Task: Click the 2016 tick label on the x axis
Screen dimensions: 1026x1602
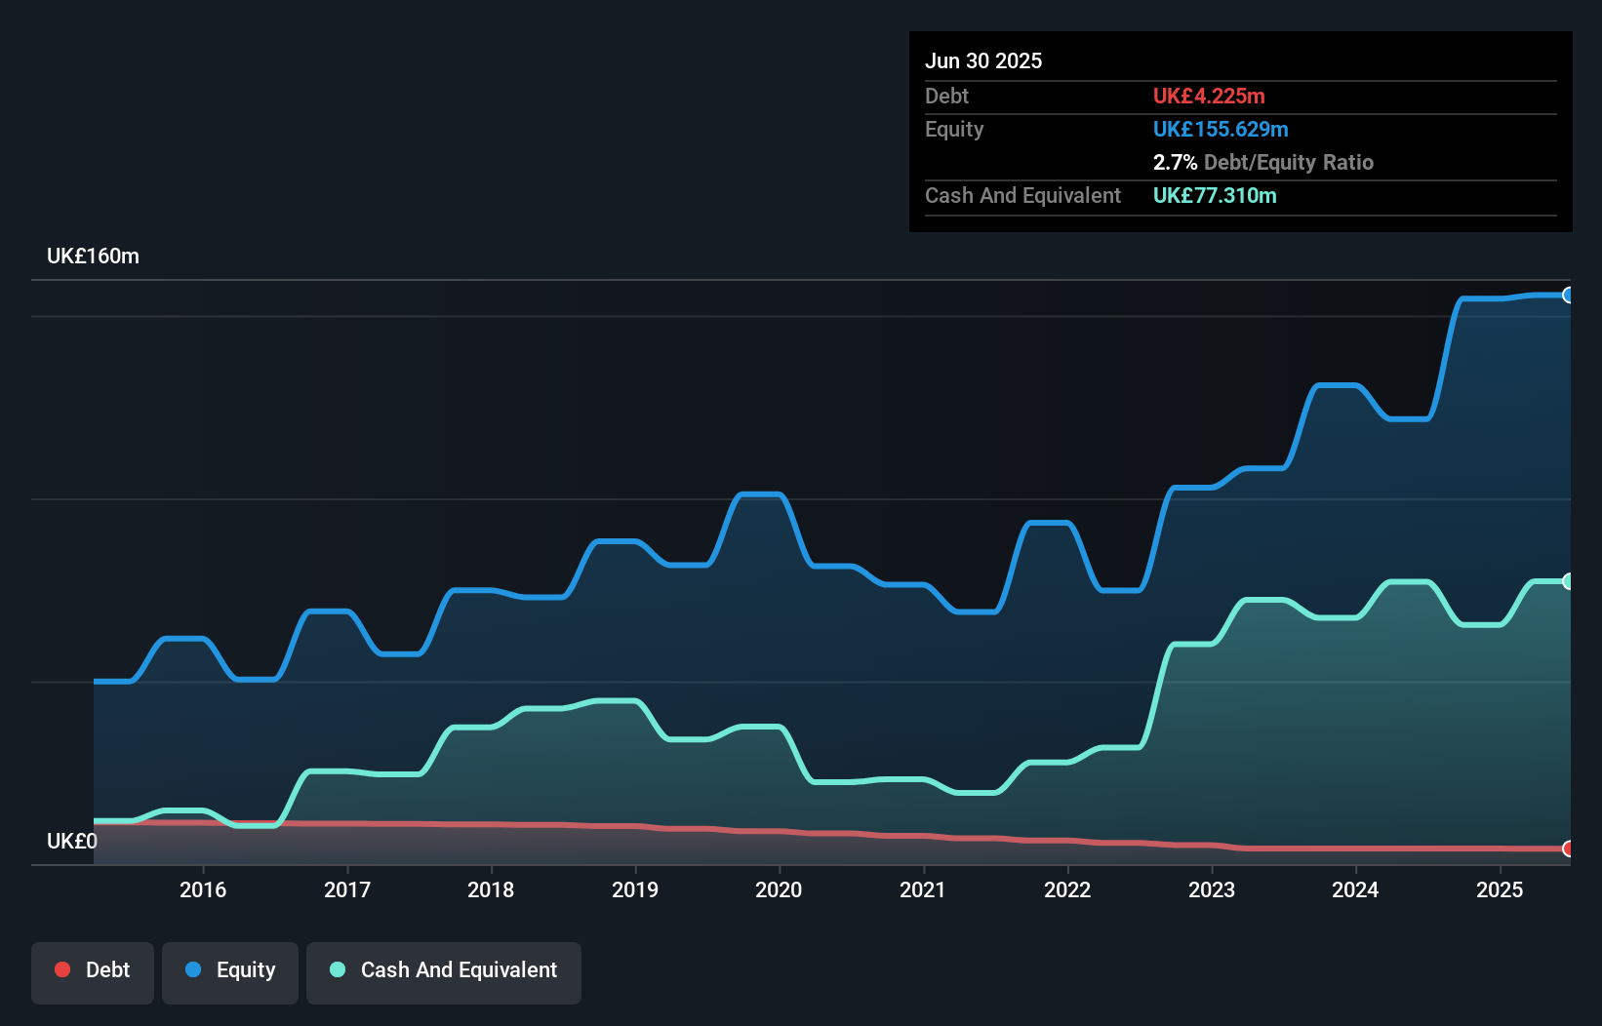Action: click(203, 889)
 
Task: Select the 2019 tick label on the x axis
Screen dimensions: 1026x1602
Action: click(635, 889)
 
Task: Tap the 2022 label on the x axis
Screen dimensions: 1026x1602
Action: click(1067, 889)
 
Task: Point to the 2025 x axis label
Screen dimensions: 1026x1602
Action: click(1500, 889)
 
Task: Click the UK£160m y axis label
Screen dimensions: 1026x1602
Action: click(93, 256)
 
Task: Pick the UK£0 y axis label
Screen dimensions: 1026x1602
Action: click(71, 841)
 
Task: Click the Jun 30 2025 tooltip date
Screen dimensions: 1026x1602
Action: click(983, 61)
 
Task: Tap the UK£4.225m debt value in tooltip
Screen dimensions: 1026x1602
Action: click(1209, 97)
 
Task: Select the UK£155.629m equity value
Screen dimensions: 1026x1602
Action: click(1221, 130)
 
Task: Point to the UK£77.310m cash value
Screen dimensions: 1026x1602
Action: click(1215, 196)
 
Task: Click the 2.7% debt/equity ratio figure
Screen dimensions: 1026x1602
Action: click(1175, 163)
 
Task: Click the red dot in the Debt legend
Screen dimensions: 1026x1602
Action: click(62, 969)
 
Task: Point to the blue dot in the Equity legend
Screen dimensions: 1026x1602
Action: click(193, 969)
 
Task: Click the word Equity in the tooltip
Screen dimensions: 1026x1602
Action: click(954, 130)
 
